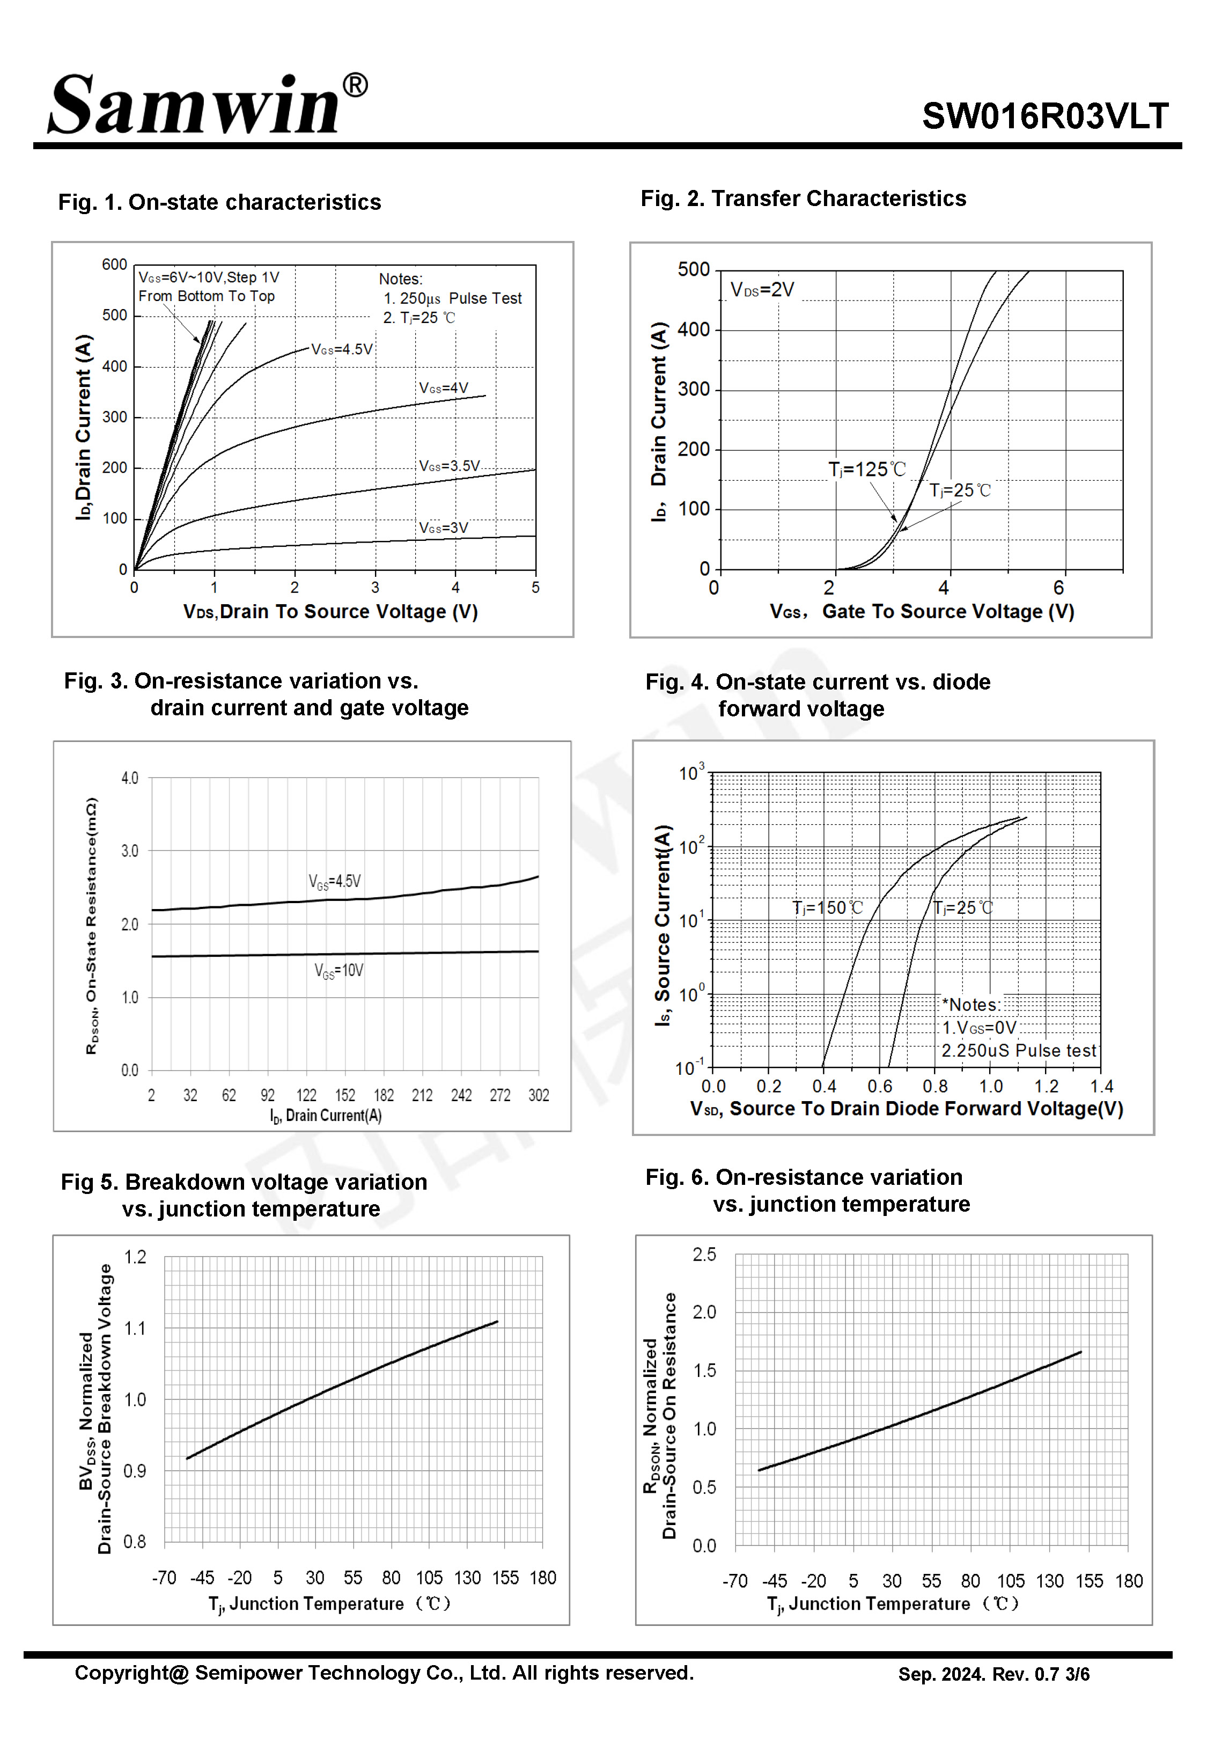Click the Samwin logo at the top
tap(208, 104)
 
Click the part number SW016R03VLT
tap(1045, 116)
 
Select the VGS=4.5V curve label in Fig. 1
tap(342, 349)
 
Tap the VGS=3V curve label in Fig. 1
tap(444, 528)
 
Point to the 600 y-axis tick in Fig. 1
tap(114, 265)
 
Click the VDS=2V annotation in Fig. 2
tap(762, 290)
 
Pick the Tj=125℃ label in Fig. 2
tap(867, 470)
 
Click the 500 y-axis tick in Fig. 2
tap(694, 270)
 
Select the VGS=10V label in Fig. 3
tap(339, 970)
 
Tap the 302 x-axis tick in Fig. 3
tap(539, 1095)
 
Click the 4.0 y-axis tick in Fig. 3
tap(130, 778)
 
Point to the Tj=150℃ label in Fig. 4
tap(827, 907)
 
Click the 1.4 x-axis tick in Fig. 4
tap(1102, 1086)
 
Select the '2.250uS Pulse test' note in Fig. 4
tap(1019, 1051)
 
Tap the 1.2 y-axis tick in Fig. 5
tap(135, 1257)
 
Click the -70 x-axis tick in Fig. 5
tap(164, 1578)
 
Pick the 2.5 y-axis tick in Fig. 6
tap(704, 1255)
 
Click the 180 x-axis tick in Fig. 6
tap(1128, 1581)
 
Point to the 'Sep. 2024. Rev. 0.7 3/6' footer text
tap(993, 1674)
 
